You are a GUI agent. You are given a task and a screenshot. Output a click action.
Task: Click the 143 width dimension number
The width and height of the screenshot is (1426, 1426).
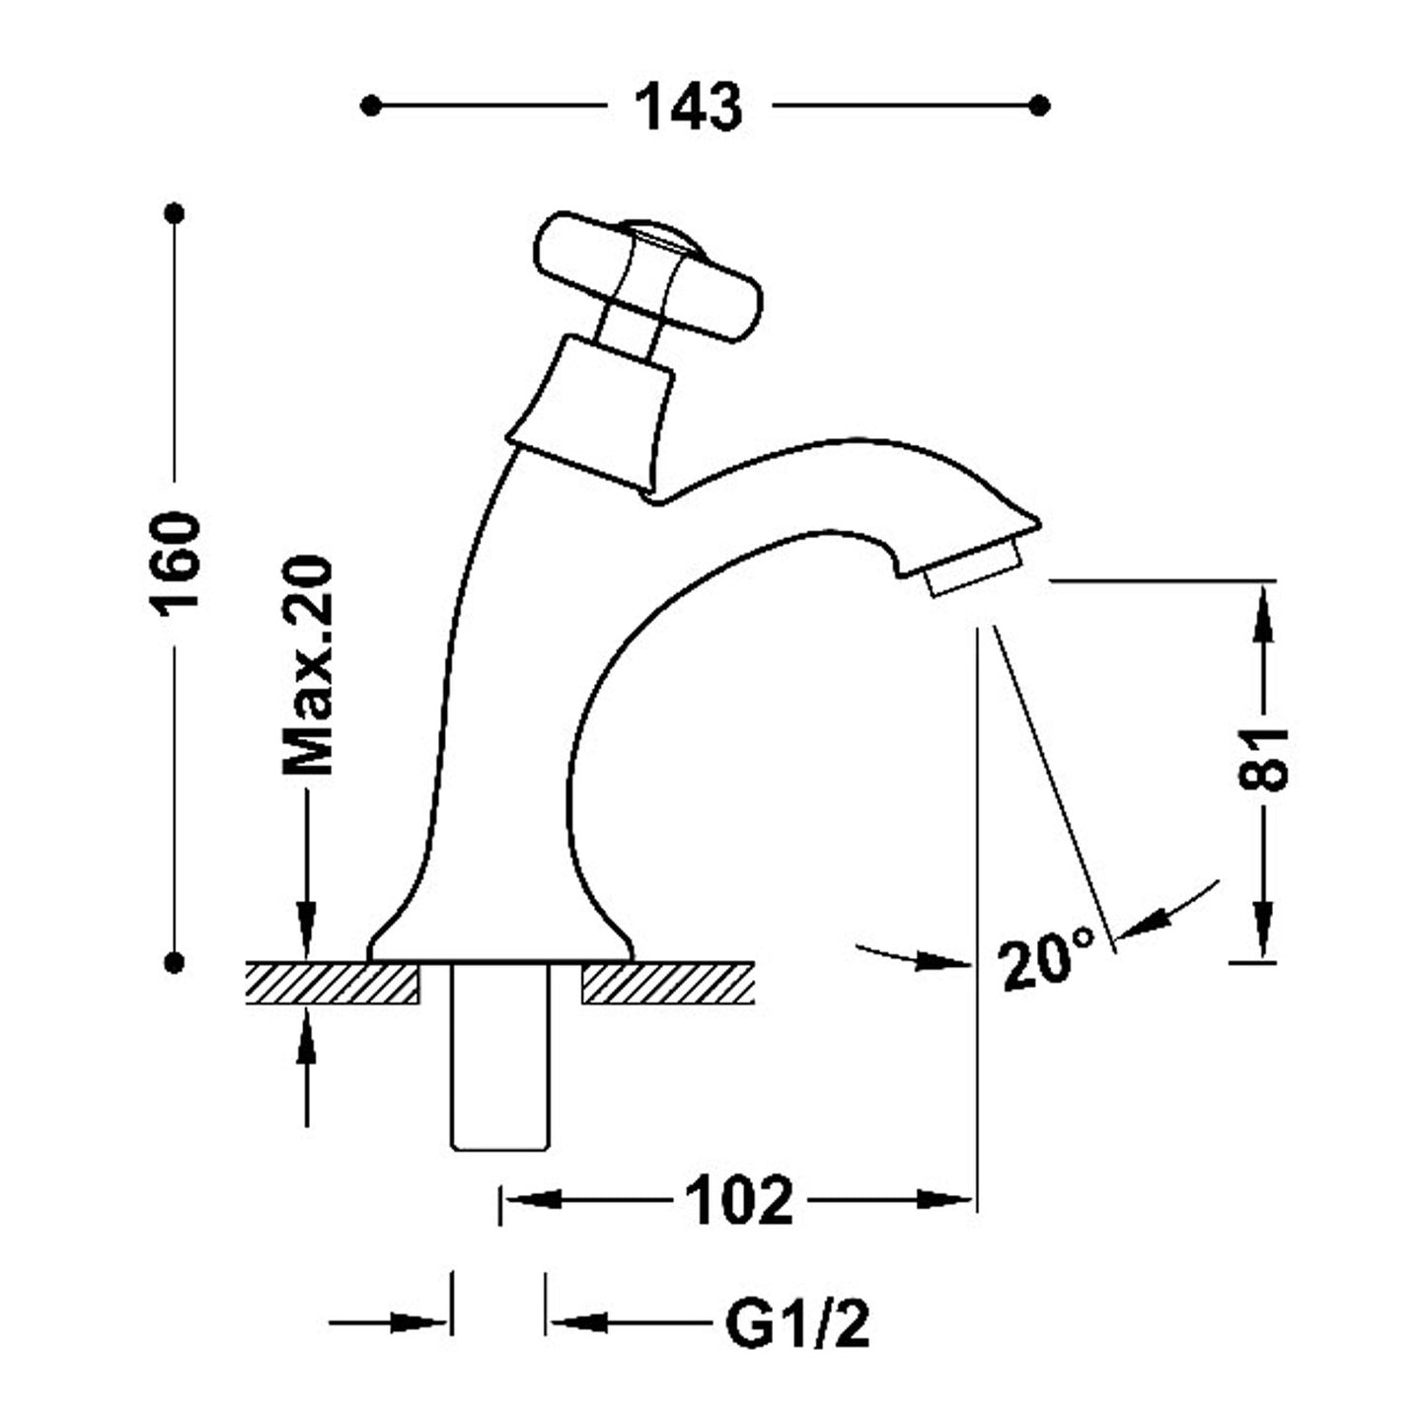[x=688, y=107]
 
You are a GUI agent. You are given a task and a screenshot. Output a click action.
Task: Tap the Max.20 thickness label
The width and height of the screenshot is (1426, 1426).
[x=308, y=666]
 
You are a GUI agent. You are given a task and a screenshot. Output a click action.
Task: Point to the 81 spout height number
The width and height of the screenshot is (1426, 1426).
[x=1263, y=760]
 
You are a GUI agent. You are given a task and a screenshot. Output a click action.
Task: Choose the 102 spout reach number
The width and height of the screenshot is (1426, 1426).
[x=738, y=1200]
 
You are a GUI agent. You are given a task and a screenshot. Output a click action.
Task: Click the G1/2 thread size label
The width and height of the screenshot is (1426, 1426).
[x=797, y=1324]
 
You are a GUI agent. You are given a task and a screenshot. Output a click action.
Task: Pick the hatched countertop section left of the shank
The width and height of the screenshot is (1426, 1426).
[x=332, y=984]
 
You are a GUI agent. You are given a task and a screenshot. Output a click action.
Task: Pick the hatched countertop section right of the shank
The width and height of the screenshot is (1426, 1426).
[x=668, y=984]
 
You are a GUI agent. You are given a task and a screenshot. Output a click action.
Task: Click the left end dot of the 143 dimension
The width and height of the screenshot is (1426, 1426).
[x=371, y=106]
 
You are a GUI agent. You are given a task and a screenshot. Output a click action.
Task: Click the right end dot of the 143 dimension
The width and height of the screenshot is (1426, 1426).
[x=1038, y=106]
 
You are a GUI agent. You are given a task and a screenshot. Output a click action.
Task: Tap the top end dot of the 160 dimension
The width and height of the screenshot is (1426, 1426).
[x=176, y=213]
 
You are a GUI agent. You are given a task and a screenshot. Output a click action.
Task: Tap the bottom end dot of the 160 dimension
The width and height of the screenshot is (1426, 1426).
[x=176, y=960]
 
